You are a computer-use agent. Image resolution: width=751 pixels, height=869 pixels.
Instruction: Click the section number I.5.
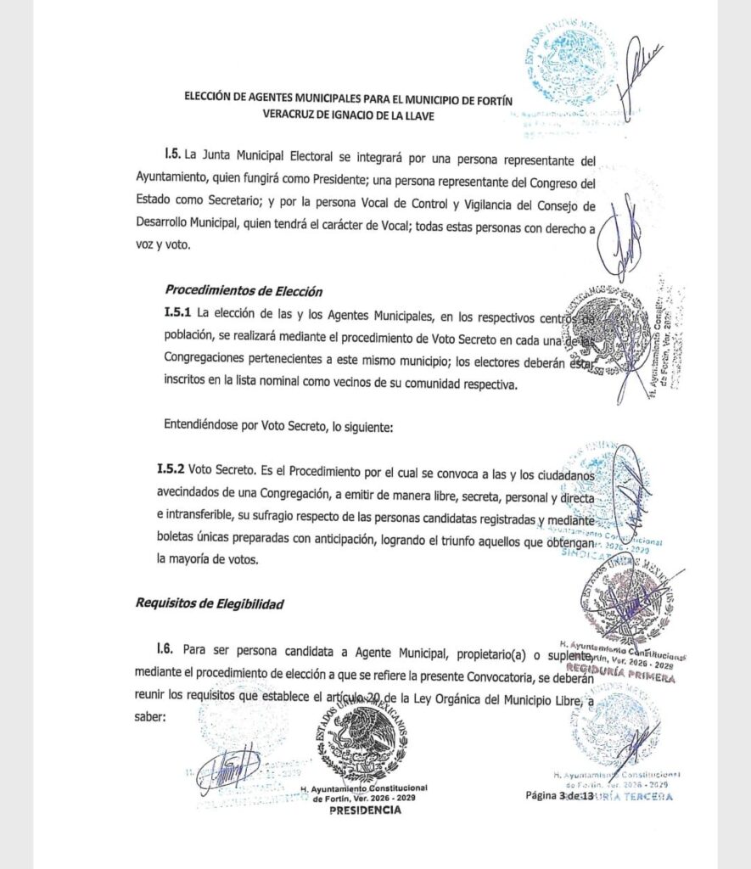pyautogui.click(x=174, y=159)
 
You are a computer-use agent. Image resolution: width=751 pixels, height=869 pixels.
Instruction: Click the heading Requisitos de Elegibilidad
pyautogui.click(x=209, y=603)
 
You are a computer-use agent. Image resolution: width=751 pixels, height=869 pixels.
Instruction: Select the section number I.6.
pyautogui.click(x=165, y=649)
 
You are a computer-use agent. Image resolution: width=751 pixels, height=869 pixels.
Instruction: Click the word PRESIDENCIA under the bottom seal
pyautogui.click(x=365, y=810)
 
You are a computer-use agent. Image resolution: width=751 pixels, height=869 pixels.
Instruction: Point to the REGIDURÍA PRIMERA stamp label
pyautogui.click(x=625, y=678)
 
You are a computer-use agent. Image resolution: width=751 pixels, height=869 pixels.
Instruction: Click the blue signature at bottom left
pyautogui.click(x=227, y=766)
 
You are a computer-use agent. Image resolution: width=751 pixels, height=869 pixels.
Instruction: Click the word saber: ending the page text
pyautogui.click(x=152, y=715)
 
